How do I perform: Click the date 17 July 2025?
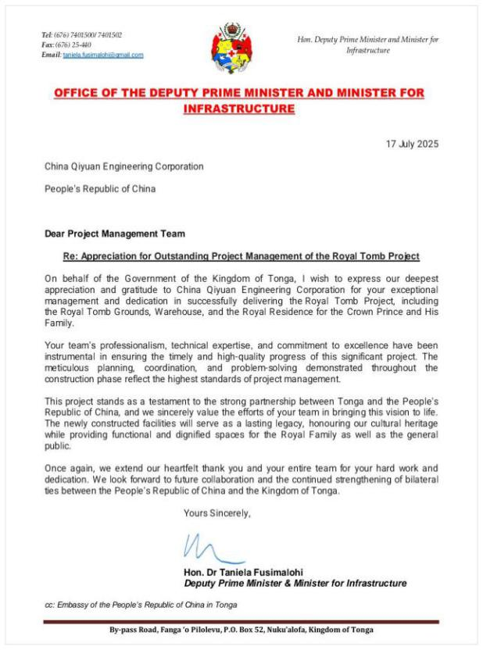tap(413, 144)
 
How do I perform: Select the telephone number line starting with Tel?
tap(81, 35)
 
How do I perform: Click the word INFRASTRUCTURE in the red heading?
tap(239, 109)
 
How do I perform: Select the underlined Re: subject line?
tap(241, 256)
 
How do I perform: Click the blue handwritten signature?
tap(205, 548)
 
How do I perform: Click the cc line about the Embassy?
tap(141, 605)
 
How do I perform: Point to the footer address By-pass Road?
tap(241, 630)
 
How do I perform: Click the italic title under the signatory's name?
tap(295, 584)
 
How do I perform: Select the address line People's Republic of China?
tap(99, 188)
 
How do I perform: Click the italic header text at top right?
tap(368, 45)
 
